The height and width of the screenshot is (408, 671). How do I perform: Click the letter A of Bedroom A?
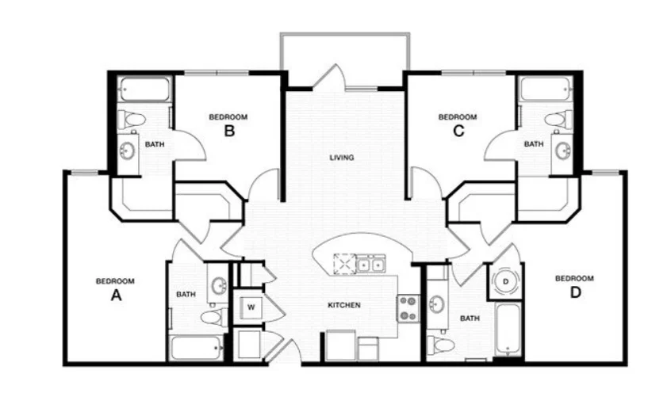coord(117,295)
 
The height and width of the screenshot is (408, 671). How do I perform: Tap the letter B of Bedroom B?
coord(229,130)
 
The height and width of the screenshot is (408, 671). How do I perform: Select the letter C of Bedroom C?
coord(458,130)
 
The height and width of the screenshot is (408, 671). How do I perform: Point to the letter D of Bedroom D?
coord(576,292)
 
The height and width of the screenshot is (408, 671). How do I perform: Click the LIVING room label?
coord(342,158)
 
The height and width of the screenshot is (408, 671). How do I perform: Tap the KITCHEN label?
coord(344,305)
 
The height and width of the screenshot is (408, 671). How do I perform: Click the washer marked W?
coord(251,307)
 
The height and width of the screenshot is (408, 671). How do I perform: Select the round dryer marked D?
coord(506,281)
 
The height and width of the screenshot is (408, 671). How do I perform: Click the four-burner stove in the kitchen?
coord(408,308)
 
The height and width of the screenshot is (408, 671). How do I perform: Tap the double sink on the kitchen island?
coord(370,265)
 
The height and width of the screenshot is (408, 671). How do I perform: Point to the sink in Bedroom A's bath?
coord(219,284)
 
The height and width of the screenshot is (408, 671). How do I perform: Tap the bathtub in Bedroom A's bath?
coord(197,349)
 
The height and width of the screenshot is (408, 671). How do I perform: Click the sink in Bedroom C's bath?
coord(562,151)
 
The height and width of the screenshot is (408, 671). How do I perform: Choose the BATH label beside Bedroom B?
coord(155,144)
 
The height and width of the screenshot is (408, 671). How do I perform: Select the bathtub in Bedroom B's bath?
coord(144,89)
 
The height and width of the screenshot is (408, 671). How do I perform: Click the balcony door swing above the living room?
coord(329,76)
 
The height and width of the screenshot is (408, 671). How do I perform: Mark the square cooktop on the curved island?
coord(344,265)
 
